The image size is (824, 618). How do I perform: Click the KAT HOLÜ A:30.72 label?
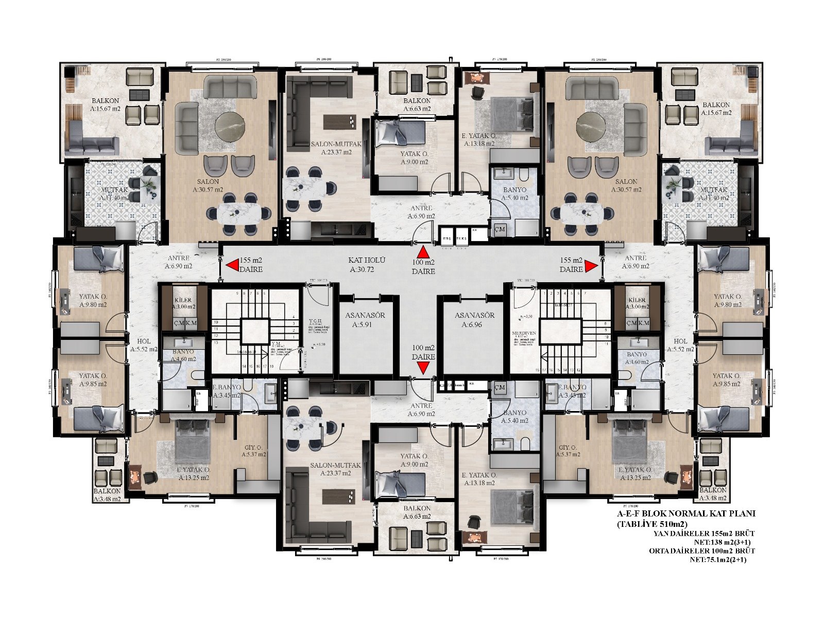(x=367, y=265)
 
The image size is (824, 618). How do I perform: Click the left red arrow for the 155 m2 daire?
(x=232, y=265)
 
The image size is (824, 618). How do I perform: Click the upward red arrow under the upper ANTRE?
(x=423, y=253)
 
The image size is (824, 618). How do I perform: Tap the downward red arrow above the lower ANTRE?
(x=423, y=367)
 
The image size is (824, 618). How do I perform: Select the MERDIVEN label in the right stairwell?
(x=524, y=333)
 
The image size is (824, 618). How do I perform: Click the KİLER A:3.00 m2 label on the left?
(x=183, y=303)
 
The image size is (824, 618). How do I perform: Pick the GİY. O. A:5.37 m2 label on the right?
(x=569, y=451)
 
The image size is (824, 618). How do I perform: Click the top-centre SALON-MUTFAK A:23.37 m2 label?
(x=336, y=148)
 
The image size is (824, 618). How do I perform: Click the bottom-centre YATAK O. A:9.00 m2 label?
(x=414, y=460)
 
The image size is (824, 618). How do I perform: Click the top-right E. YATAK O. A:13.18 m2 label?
(x=478, y=140)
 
